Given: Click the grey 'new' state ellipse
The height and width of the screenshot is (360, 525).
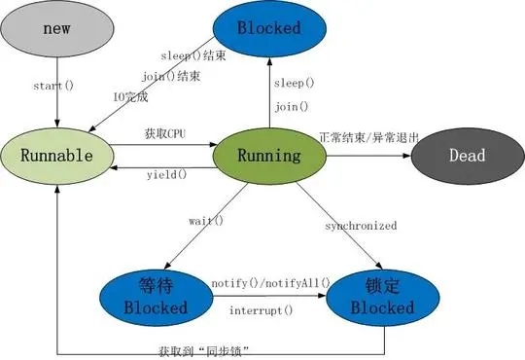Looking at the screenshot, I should pyautogui.click(x=54, y=28).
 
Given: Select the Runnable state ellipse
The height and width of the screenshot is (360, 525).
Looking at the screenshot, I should pyautogui.click(x=56, y=156).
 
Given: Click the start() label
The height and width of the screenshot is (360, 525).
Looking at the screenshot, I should pyautogui.click(x=55, y=86).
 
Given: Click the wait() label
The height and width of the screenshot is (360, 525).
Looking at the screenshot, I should pyautogui.click(x=205, y=221).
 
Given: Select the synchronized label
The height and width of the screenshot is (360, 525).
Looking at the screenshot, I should pyautogui.click(x=361, y=226).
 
